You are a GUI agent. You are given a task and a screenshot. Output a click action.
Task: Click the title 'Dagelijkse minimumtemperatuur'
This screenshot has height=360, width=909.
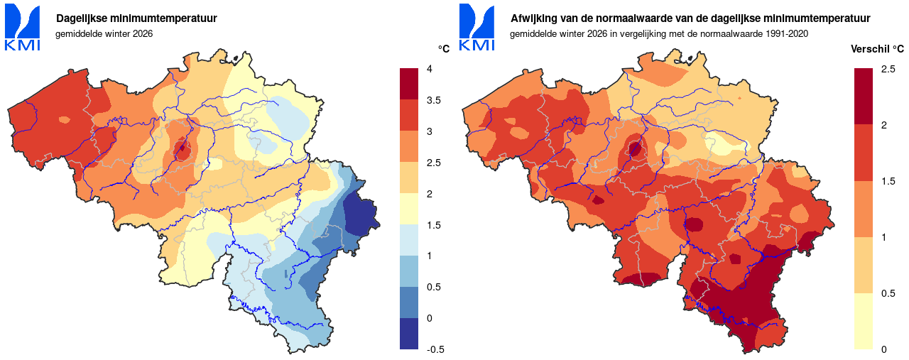[x=136, y=18]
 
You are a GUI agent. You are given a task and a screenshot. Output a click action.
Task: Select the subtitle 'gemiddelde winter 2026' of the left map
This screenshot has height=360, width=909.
[x=104, y=33]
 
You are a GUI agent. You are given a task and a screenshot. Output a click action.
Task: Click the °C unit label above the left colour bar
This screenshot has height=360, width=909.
[x=444, y=49]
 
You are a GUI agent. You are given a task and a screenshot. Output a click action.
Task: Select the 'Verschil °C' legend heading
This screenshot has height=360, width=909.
[x=877, y=49]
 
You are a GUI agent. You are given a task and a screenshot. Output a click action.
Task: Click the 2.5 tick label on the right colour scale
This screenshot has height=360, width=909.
[x=887, y=69]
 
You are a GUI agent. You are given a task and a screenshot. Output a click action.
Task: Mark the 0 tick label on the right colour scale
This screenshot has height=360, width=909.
[x=883, y=349]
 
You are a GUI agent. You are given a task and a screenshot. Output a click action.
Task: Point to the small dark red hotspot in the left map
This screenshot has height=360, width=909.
[x=183, y=150]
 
